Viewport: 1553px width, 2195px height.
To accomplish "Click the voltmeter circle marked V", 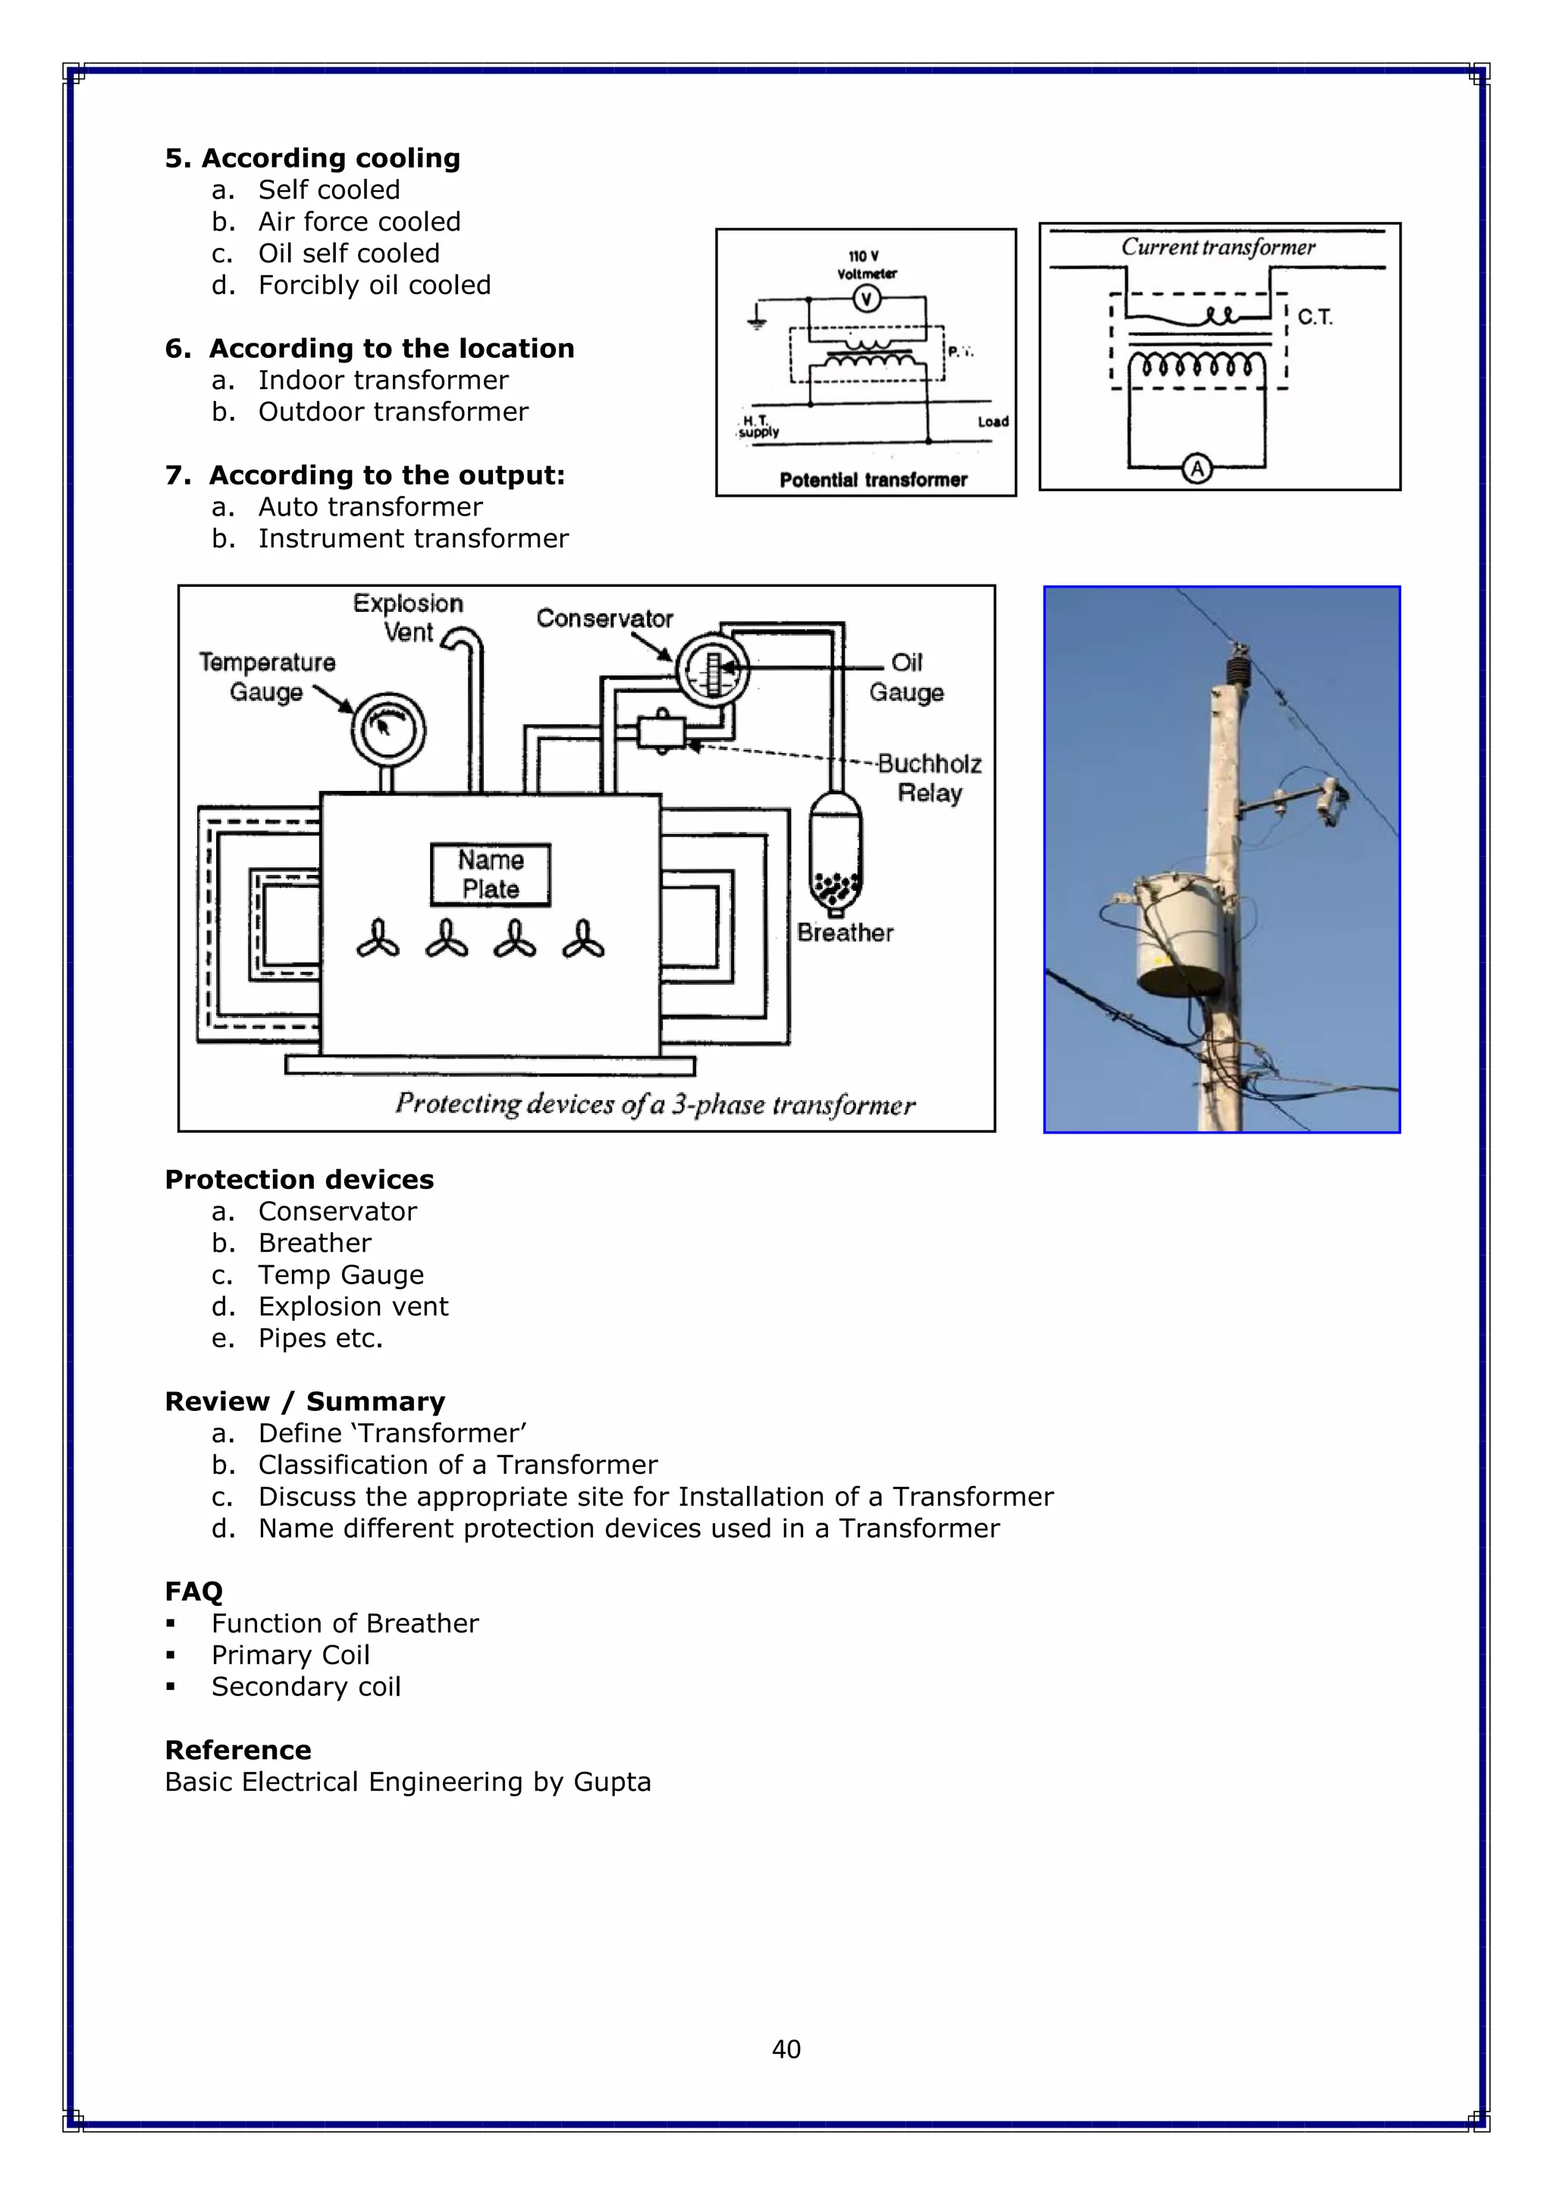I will tap(867, 300).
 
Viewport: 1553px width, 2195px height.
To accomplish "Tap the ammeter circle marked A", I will tap(1197, 469).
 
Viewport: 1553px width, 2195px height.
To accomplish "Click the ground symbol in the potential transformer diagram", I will tap(757, 318).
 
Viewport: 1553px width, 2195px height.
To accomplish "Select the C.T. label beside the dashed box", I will tap(1315, 318).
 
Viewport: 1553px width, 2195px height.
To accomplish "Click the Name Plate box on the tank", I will tap(491, 873).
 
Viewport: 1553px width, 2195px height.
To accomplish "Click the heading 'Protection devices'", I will tap(300, 1180).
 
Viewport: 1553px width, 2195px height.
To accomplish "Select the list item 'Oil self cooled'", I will tap(348, 253).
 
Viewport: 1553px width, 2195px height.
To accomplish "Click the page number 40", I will tap(786, 2049).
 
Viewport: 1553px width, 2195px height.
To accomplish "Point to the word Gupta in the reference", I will tap(612, 1782).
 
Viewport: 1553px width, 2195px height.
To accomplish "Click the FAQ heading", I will tap(193, 1591).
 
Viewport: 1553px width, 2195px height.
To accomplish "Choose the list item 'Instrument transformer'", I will tap(413, 538).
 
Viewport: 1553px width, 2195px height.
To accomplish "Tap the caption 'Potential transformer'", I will tap(873, 480).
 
